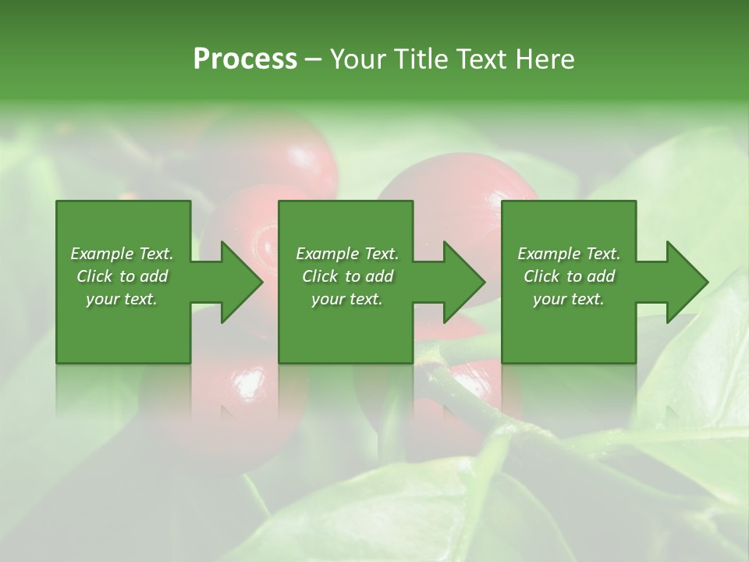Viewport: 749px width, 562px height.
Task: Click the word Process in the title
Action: point(245,59)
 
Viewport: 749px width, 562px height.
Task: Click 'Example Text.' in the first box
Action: point(122,254)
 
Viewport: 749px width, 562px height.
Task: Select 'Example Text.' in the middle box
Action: point(347,254)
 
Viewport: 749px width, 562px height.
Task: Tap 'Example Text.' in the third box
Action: point(569,254)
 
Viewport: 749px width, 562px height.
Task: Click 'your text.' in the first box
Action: point(122,299)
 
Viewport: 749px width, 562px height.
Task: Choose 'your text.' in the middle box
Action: point(347,299)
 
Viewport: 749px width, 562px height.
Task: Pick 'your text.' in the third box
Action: point(569,299)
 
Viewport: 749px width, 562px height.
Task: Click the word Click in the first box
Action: point(94,276)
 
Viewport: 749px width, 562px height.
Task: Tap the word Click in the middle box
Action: point(320,276)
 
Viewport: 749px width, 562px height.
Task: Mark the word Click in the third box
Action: point(541,276)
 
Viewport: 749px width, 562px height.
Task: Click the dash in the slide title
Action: point(314,60)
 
